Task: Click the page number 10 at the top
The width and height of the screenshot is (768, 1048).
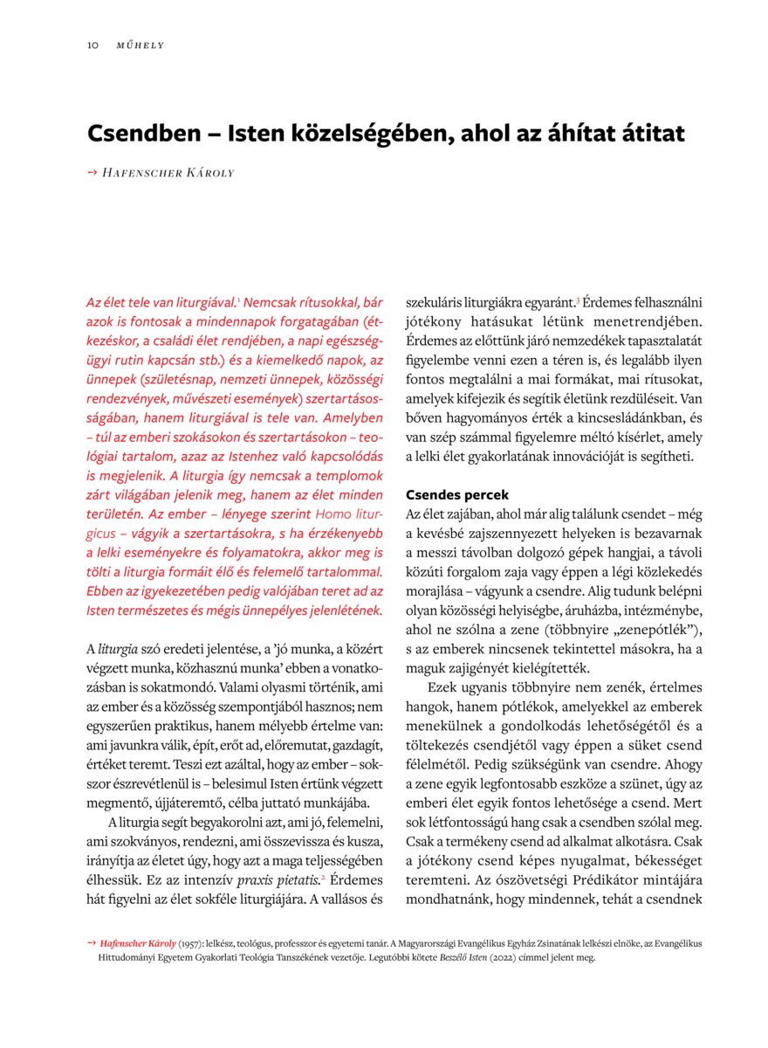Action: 92,45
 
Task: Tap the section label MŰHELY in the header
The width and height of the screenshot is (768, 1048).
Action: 140,45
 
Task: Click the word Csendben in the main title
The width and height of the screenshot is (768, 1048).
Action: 147,134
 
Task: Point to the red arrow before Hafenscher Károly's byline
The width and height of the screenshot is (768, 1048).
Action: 92,173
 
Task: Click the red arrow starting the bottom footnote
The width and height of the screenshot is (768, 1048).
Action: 92,943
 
